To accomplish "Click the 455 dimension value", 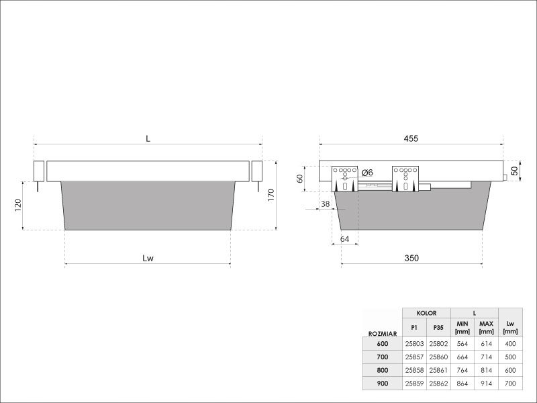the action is click(411, 138).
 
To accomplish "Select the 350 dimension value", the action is click(411, 258).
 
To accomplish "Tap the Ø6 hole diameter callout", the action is click(367, 173).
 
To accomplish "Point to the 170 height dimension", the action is click(271, 195).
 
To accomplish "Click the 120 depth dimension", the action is click(18, 205).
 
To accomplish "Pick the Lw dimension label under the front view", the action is click(148, 258).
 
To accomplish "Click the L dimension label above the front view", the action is click(148, 138).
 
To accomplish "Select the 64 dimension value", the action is click(344, 239).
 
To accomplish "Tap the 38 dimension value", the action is click(325, 204).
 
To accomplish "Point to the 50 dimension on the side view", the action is click(514, 171).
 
